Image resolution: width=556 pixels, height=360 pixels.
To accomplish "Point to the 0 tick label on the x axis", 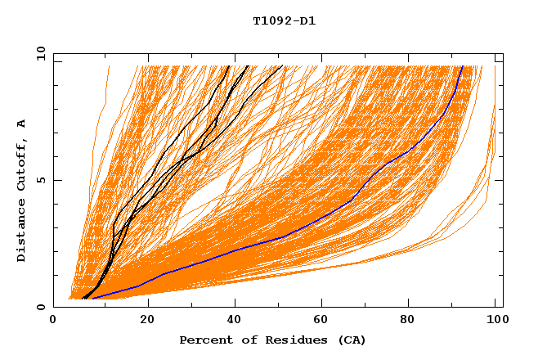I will pyautogui.click(x=53, y=320).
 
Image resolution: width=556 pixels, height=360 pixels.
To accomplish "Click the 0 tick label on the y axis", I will pyautogui.click(x=40, y=308).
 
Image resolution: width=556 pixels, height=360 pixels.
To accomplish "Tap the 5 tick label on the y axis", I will pyautogui.click(x=40, y=180).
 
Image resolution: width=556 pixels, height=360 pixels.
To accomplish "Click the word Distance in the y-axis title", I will pyautogui.click(x=21, y=234).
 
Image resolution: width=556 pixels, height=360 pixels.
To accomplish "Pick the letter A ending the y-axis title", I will pyautogui.click(x=21, y=124).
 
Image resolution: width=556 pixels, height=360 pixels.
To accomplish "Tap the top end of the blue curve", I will pyautogui.click(x=462, y=66).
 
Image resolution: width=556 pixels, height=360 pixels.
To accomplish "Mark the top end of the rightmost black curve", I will pyautogui.click(x=281, y=66).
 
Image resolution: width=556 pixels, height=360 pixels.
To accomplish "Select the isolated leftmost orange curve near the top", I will pyautogui.click(x=102, y=98).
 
